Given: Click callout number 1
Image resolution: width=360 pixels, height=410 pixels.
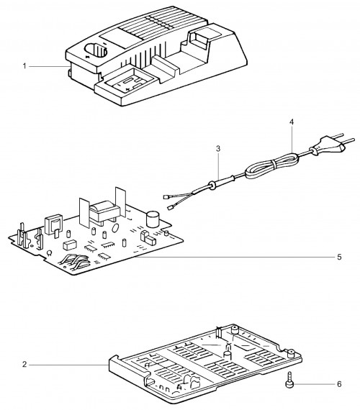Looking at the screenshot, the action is [x=24, y=66].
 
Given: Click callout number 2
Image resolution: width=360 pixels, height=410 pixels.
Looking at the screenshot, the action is [x=24, y=364].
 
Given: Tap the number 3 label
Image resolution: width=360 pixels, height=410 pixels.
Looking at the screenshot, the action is [x=218, y=149].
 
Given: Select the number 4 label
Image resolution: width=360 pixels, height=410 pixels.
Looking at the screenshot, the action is [x=292, y=122].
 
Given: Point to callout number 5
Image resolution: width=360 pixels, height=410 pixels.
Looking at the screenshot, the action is [x=339, y=257].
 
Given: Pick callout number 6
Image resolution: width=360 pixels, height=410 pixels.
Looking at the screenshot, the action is [x=339, y=384].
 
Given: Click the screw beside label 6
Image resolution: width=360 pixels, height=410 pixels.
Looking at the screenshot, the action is [x=289, y=380].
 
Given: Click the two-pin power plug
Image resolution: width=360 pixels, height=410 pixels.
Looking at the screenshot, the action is [x=332, y=145].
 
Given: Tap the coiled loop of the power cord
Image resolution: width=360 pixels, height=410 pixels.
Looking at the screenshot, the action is [x=271, y=167].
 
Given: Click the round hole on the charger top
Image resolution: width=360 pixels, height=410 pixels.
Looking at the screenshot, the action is [x=96, y=50].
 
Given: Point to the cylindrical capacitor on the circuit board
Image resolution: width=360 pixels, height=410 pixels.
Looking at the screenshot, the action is [x=153, y=219].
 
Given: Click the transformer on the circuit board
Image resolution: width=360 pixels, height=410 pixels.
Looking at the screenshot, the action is [x=104, y=211].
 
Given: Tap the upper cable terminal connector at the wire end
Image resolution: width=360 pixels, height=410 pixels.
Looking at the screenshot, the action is [x=166, y=196].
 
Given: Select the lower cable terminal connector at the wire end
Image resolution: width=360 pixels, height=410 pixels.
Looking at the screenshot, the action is [x=170, y=208].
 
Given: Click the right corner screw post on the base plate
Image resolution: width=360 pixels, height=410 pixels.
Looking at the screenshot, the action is [x=291, y=353].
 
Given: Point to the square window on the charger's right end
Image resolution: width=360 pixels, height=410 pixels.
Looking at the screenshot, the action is [x=202, y=36].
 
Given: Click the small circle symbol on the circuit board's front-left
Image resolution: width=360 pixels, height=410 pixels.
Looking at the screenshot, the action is [x=49, y=252].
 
